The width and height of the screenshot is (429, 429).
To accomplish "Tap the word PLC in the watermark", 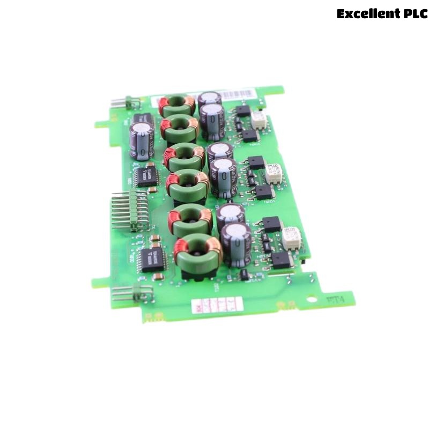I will click(x=415, y=14).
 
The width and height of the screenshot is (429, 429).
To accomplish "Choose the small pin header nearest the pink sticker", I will click(x=132, y=292).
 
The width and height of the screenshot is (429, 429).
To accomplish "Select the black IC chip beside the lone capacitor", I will click(x=146, y=175).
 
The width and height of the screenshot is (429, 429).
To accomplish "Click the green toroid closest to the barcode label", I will click(x=176, y=105).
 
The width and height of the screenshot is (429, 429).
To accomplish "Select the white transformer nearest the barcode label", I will click(x=259, y=119).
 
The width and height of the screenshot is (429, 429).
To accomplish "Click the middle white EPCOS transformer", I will click(x=274, y=174).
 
